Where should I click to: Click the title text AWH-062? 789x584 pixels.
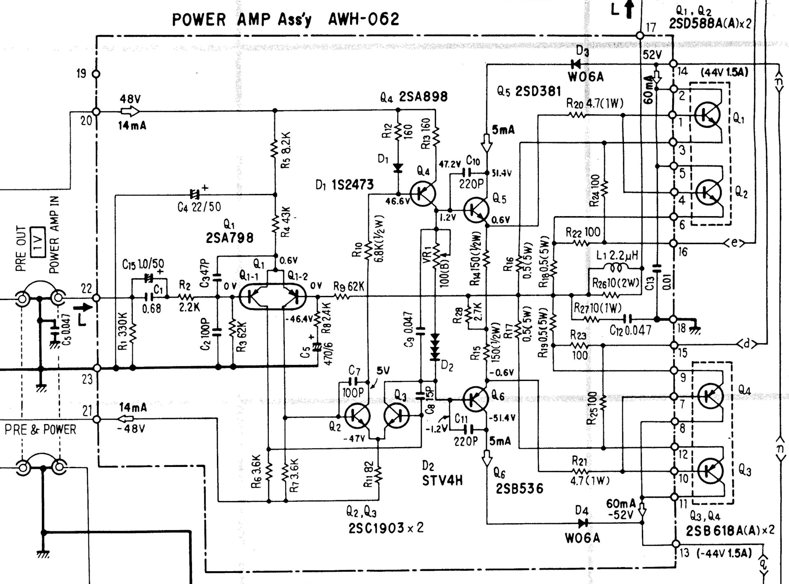[x=363, y=19]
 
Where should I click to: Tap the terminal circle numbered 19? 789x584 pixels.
[x=96, y=74]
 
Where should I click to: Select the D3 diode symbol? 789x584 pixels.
[x=576, y=64]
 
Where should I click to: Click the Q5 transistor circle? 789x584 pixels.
[x=476, y=210]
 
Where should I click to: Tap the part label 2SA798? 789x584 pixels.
[x=229, y=238]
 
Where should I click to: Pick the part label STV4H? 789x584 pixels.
[x=442, y=480]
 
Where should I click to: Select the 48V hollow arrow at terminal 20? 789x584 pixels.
[x=130, y=111]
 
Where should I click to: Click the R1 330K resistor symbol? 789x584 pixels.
[x=132, y=332]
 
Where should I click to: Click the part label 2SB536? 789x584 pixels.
[x=519, y=488]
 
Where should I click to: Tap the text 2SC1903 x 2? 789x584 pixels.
[x=386, y=528]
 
